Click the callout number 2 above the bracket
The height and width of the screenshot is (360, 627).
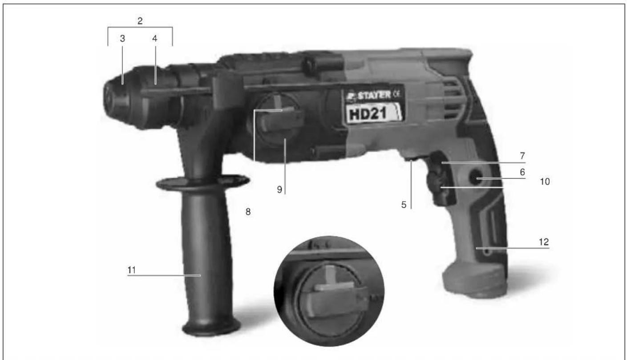tap(140, 21)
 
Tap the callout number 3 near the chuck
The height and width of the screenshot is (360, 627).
tap(122, 39)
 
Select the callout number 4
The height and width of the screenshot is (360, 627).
tap(154, 39)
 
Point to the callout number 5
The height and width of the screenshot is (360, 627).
tap(405, 206)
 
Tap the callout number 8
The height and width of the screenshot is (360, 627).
tap(248, 212)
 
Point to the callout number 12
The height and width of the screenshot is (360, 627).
tap(545, 242)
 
